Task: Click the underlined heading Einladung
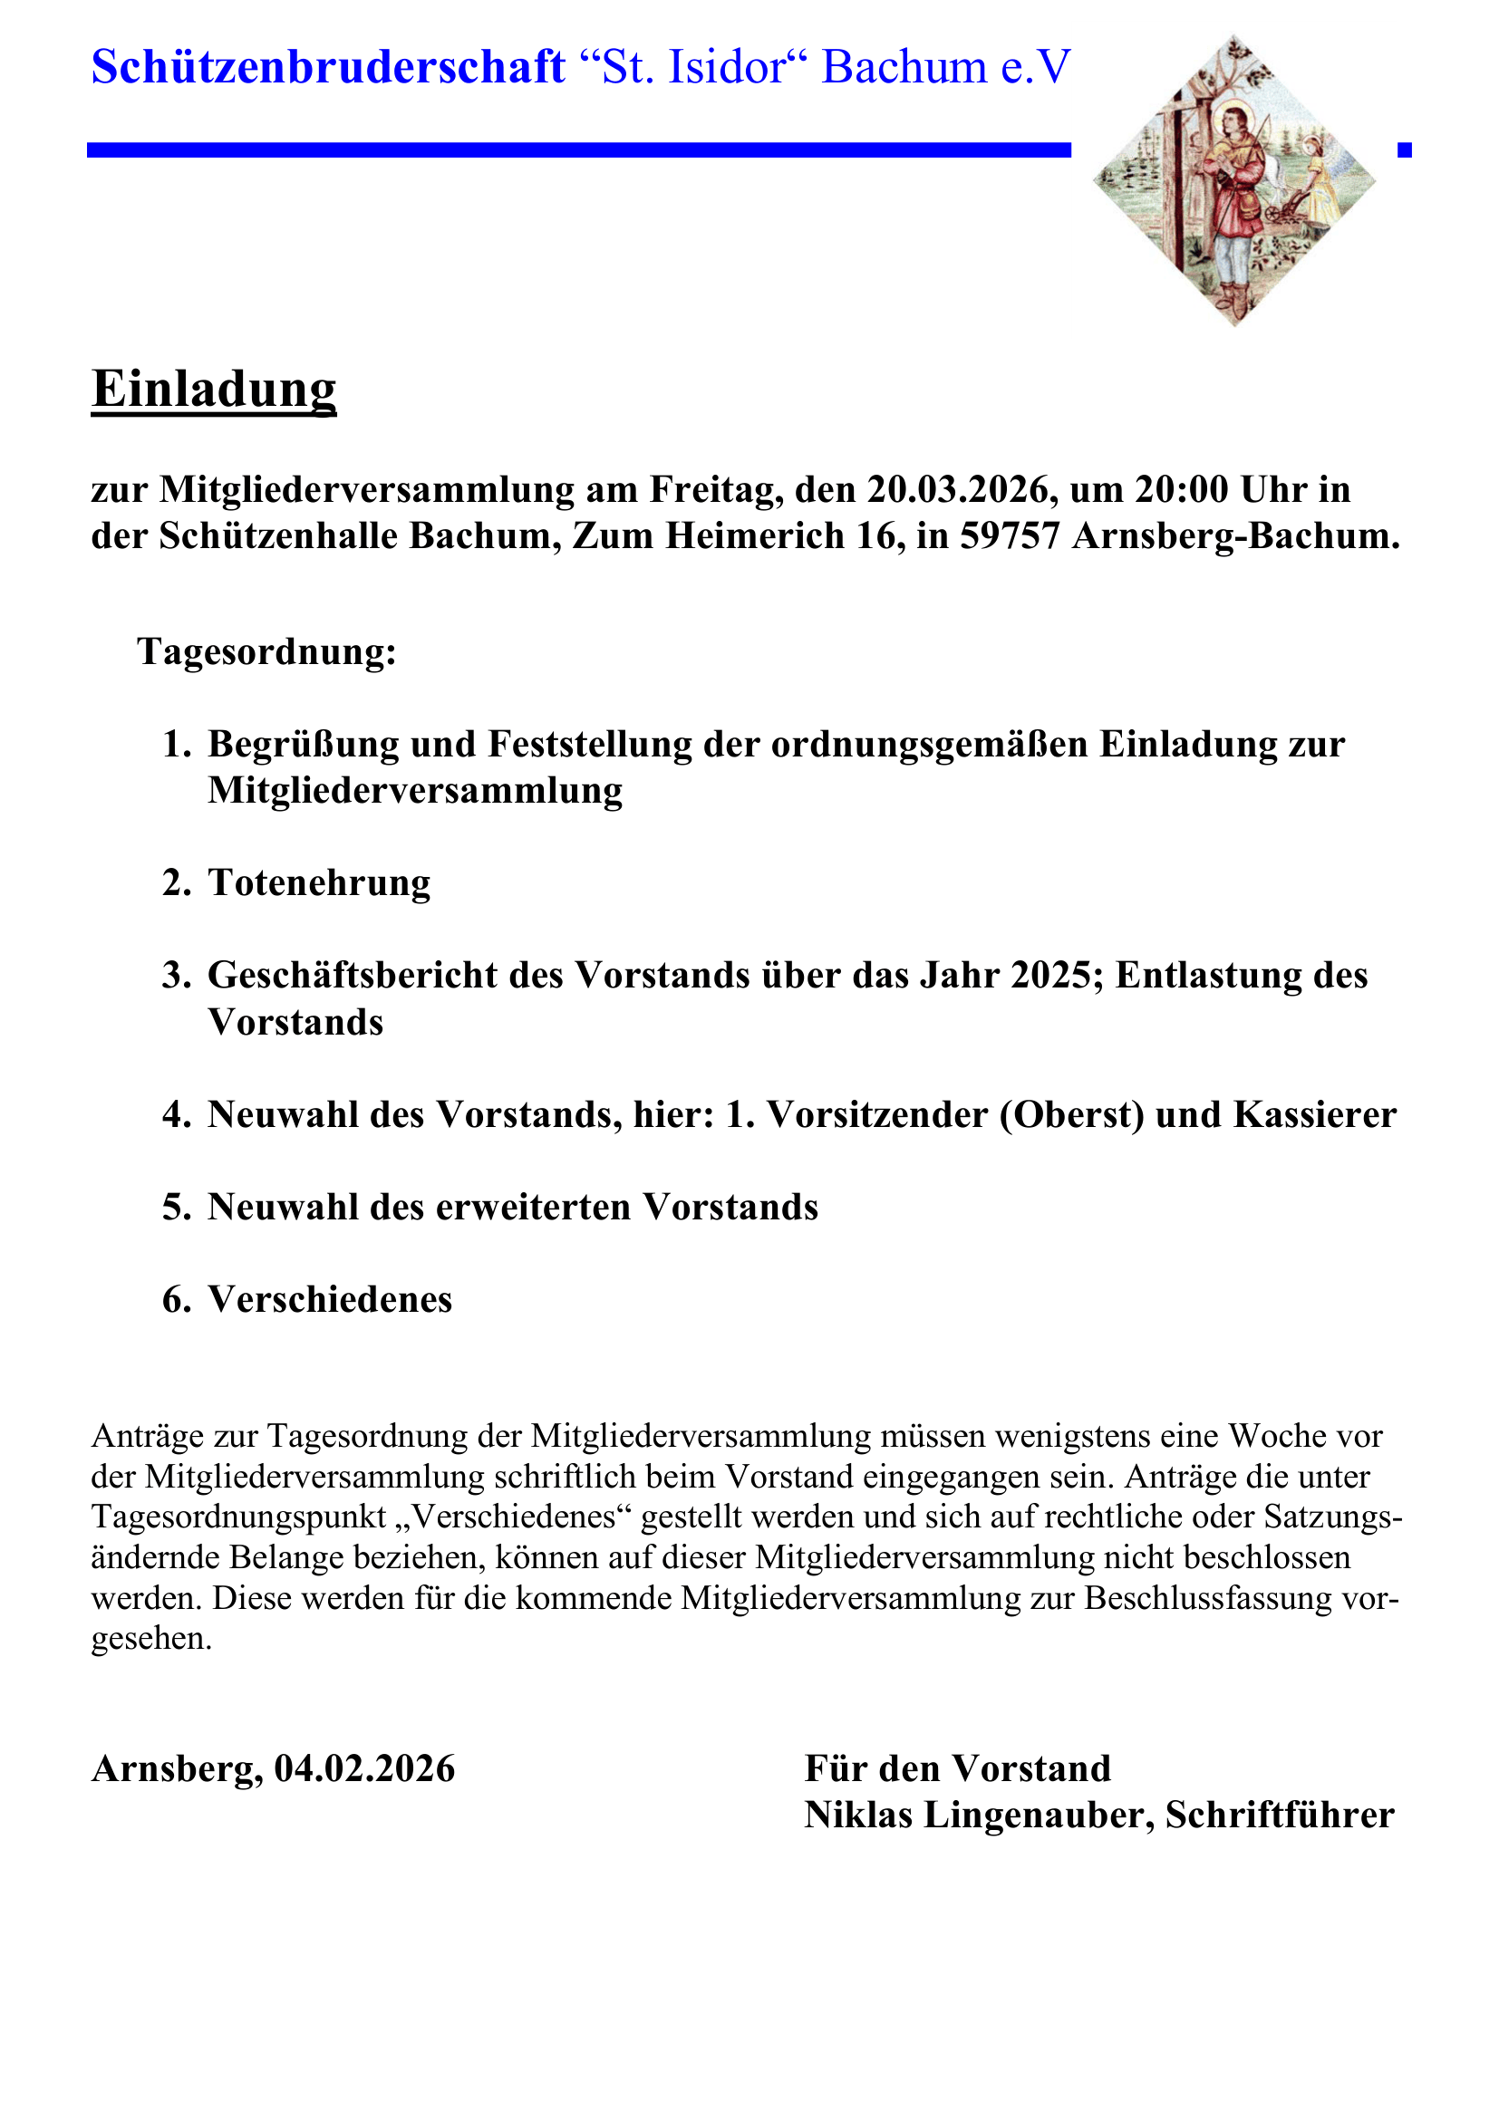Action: [213, 390]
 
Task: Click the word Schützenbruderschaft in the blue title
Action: [329, 67]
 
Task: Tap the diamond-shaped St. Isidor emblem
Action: [1234, 181]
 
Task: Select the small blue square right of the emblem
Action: [1404, 149]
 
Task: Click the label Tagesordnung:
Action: [266, 651]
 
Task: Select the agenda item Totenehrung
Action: [318, 882]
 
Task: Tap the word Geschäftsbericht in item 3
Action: [353, 976]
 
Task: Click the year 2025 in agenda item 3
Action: [1052, 976]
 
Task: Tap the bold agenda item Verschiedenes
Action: [330, 1299]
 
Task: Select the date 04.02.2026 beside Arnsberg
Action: [364, 1769]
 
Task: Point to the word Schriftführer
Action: [1280, 1816]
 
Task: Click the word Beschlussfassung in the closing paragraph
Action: [1208, 1597]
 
